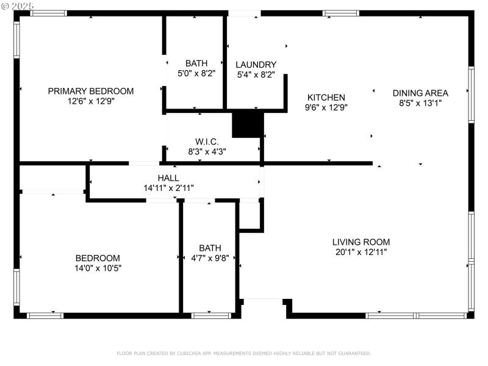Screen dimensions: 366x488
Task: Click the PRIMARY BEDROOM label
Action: click(91, 91)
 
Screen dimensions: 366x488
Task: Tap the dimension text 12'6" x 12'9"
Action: click(91, 101)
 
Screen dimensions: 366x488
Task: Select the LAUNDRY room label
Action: click(256, 64)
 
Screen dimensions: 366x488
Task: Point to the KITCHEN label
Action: click(326, 97)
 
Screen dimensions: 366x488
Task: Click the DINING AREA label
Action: click(420, 93)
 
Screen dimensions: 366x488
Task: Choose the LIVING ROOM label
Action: click(361, 242)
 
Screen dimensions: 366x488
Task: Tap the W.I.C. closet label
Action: click(207, 142)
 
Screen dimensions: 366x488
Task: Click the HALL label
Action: click(168, 178)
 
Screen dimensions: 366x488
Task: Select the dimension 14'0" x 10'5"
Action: click(98, 268)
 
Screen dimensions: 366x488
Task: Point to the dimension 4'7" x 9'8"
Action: click(210, 258)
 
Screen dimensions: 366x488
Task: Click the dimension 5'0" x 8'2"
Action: click(196, 73)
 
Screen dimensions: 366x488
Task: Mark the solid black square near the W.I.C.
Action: click(247, 124)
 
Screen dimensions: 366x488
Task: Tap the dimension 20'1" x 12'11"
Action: click(361, 251)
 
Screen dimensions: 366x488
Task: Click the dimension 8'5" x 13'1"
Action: click(420, 103)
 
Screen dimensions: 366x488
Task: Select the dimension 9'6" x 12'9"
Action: click(326, 107)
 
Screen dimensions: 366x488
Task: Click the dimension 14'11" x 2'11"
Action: click(168, 188)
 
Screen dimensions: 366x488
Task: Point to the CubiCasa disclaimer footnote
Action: click(243, 353)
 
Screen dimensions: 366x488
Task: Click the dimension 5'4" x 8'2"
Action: click(256, 74)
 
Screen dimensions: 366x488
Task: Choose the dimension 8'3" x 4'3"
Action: click(207, 151)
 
